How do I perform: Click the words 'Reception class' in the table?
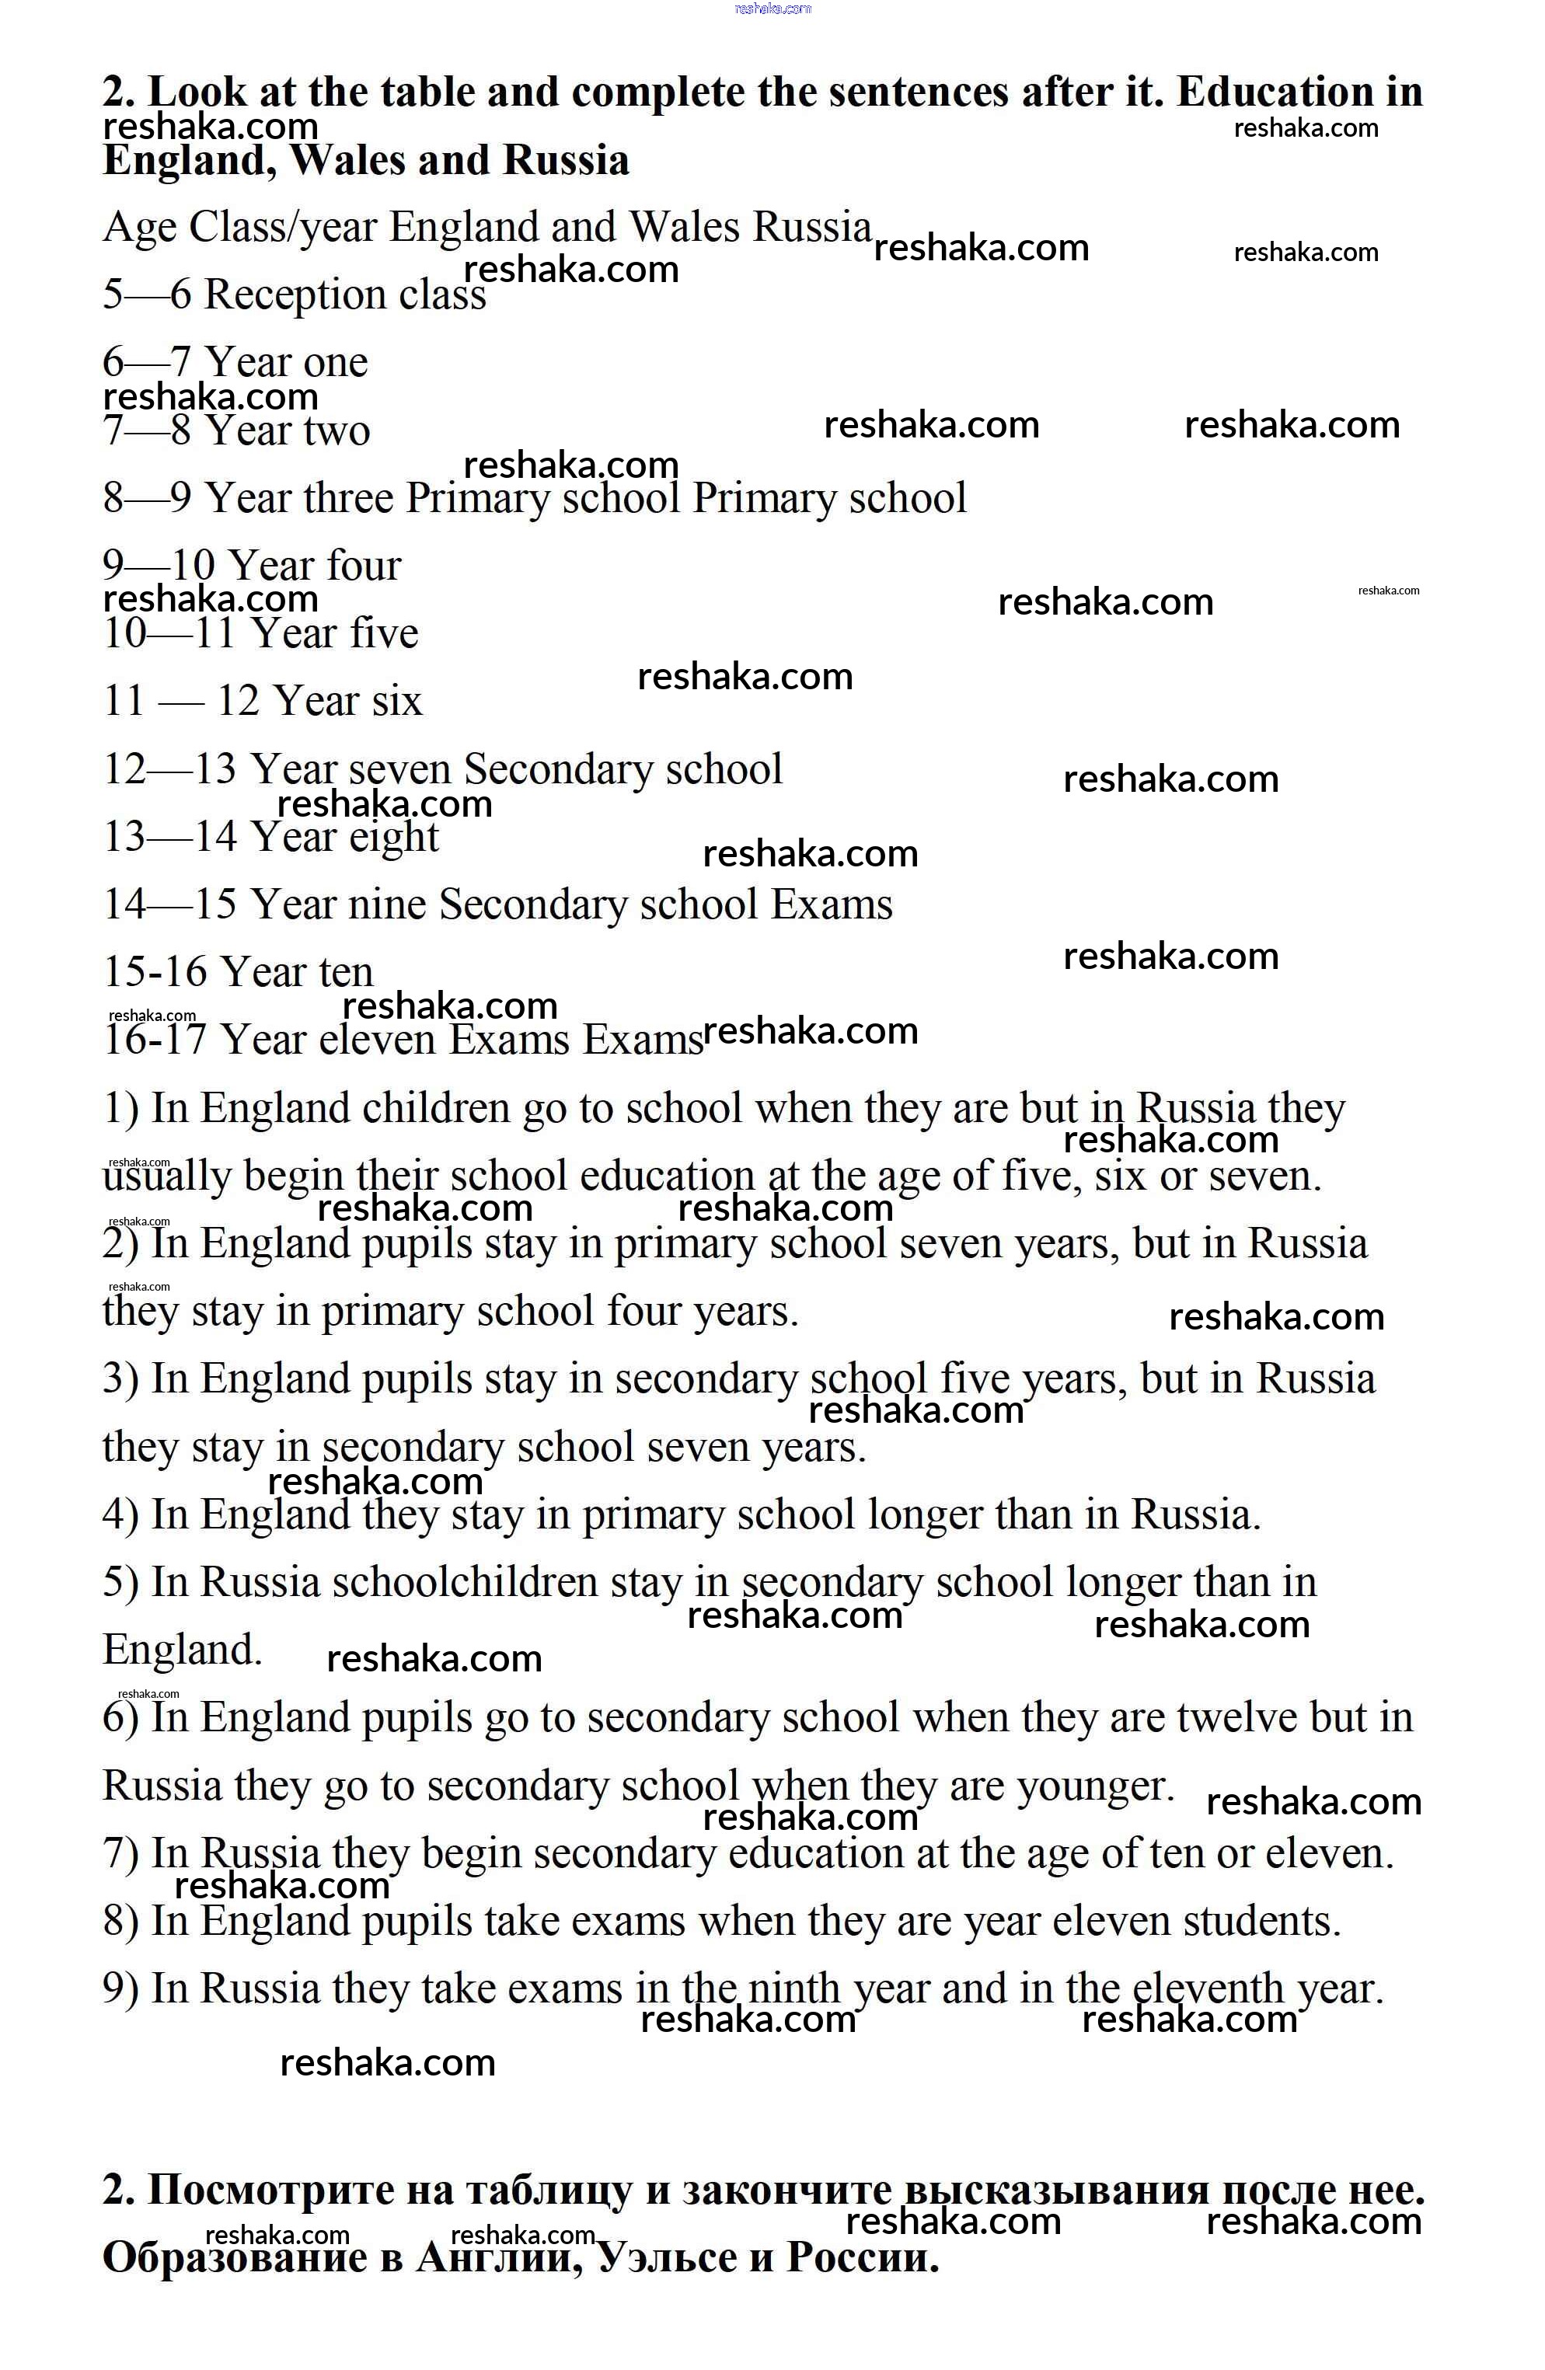[344, 295]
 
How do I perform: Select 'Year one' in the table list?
[286, 362]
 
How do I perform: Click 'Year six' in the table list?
[347, 701]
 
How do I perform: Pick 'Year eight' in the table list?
[344, 836]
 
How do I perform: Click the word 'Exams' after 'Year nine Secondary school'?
[832, 904]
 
